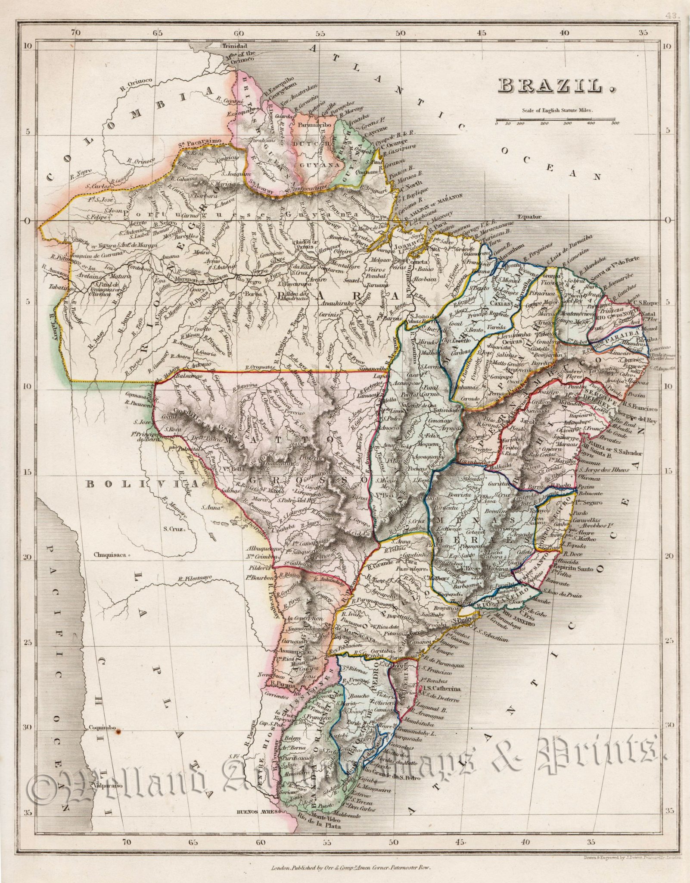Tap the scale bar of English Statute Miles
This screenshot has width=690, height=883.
click(x=557, y=119)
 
